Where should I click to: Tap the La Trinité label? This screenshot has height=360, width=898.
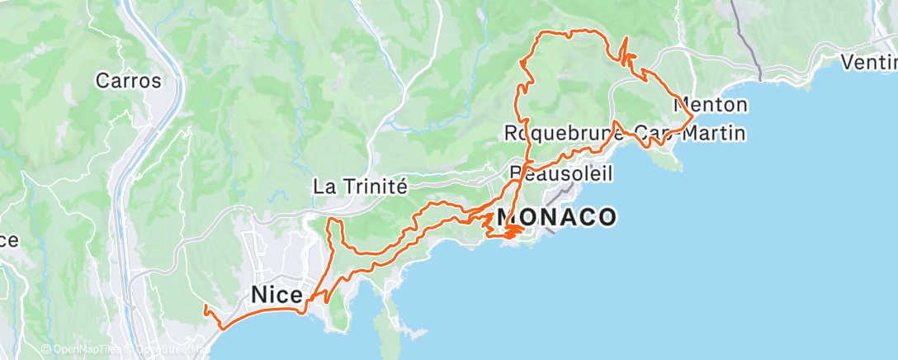(361, 187)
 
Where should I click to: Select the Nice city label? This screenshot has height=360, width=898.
(276, 294)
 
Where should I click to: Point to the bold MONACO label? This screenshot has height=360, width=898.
(558, 217)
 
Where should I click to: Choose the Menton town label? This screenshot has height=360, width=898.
(711, 105)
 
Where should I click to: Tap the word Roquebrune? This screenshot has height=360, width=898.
(561, 132)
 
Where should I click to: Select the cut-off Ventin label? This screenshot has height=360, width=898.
(868, 61)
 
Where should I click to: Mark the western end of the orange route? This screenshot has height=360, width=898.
(204, 307)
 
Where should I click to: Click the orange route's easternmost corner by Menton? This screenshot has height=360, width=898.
(692, 113)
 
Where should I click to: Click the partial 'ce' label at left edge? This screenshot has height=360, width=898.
(8, 240)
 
